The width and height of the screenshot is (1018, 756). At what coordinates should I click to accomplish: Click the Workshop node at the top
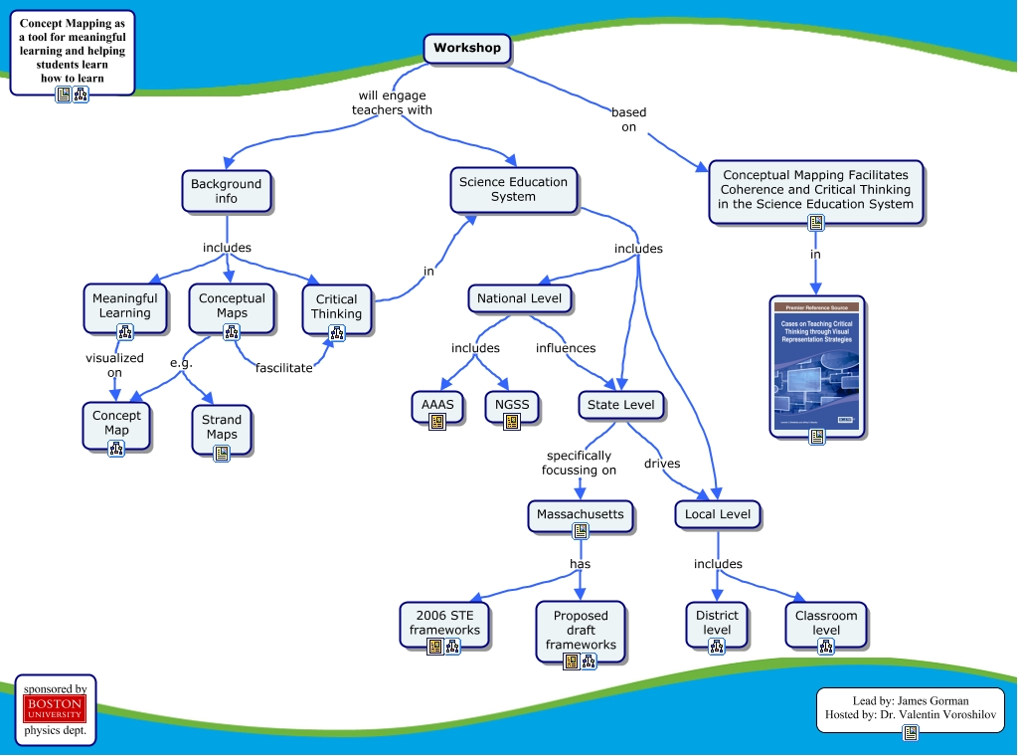pos(467,48)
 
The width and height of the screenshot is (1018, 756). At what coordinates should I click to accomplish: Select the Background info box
pos(227,191)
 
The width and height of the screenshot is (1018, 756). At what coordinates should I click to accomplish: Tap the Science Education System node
pos(513,189)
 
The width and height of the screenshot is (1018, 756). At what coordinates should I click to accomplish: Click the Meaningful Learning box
pos(124,305)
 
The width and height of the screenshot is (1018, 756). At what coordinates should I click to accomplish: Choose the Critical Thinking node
pos(336,306)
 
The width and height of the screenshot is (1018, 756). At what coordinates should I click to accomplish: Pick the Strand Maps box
pos(222,427)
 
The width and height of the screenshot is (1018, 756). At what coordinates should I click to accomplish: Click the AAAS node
pos(437,405)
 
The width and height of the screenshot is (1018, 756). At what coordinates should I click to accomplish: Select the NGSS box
pos(512,405)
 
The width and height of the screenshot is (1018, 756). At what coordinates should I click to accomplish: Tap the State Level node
pos(621,405)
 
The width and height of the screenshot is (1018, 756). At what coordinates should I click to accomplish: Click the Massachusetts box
pos(581,514)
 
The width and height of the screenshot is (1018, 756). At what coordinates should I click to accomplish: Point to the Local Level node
pos(718,514)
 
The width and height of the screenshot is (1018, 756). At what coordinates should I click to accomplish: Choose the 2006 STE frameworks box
pos(444,623)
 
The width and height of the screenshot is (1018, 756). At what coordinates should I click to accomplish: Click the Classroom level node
pos(826,623)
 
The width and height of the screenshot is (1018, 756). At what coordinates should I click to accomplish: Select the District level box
pos(717,623)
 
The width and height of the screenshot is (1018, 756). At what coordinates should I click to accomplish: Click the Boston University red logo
pos(56,708)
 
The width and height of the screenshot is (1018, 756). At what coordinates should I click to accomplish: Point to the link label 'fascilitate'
pos(283,368)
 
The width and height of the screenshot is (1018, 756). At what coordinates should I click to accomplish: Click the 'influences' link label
pos(566,348)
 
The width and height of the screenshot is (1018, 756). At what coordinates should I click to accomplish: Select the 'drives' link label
pos(662,464)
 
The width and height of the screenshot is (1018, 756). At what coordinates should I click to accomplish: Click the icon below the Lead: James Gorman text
pos(910,733)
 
